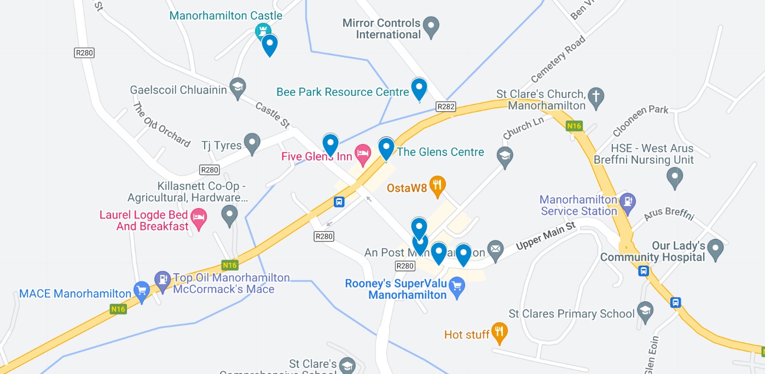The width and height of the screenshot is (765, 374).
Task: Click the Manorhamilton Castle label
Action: coord(225,15)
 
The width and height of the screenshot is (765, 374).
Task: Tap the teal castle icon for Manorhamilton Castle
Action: coord(263,30)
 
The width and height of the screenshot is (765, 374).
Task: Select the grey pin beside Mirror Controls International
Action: coord(432,26)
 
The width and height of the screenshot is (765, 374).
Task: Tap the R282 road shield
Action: coord(446,107)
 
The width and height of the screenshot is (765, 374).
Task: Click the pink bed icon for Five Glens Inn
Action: coord(362,154)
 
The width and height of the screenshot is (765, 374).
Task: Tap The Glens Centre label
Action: coord(441,152)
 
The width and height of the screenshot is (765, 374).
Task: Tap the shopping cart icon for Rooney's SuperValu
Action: coord(457,286)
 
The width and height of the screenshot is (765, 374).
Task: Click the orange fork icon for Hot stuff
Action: coord(499,331)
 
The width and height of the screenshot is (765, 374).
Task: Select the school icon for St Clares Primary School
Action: coord(646,311)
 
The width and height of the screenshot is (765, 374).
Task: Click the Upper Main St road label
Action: coord(546,238)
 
